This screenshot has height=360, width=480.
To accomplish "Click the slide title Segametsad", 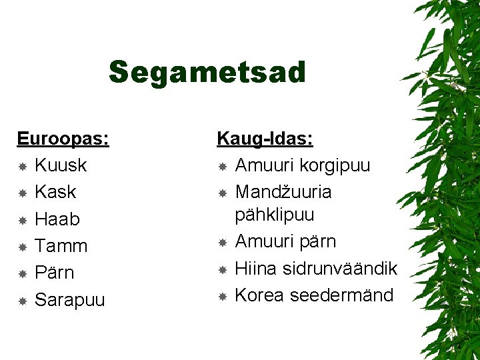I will click(207, 73).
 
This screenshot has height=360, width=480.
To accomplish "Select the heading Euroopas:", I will click(63, 139).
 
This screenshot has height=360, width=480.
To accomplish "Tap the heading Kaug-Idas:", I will click(265, 139).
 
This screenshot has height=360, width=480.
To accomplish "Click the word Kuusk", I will click(61, 165).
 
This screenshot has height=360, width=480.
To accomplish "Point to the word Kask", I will click(55, 192).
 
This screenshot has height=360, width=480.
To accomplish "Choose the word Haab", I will click(57, 219).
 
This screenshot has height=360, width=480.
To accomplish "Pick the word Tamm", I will click(61, 246).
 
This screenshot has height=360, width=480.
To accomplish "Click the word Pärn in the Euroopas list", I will click(55, 273).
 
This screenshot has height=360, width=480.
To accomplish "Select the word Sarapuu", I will click(70, 300).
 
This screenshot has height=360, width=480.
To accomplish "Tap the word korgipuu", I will click(335, 165).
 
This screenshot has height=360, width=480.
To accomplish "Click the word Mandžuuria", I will click(283, 192).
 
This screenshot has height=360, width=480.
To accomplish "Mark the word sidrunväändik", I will click(343, 269).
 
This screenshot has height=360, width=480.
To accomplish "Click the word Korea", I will click(260, 295).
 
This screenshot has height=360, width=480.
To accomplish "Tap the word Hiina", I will click(257, 269).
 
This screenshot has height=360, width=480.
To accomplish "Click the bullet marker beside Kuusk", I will click(22, 165).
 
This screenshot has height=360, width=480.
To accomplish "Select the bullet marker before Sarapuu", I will click(22, 301).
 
